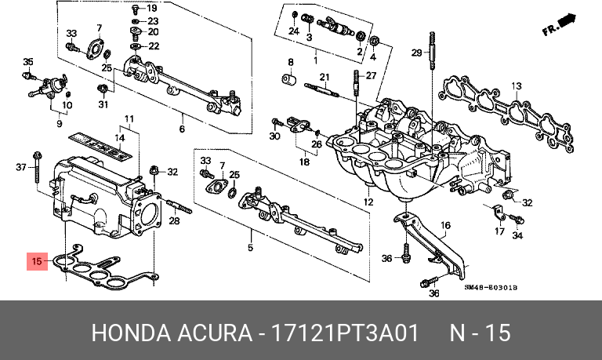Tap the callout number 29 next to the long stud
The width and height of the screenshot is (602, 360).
click(x=416, y=53)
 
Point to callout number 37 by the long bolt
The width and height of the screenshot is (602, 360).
click(x=22, y=166)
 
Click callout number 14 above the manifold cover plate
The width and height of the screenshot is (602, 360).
click(x=120, y=138)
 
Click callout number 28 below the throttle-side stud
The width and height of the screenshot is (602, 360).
click(x=175, y=221)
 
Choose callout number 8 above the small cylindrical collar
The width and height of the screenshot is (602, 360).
click(x=290, y=62)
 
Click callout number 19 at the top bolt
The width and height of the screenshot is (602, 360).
click(x=152, y=8)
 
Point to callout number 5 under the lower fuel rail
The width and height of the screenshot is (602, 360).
click(x=251, y=248)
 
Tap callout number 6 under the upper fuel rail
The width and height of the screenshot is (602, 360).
click(x=182, y=129)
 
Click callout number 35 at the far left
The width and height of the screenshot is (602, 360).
click(x=28, y=62)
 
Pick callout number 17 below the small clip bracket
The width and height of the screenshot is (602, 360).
click(x=499, y=231)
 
